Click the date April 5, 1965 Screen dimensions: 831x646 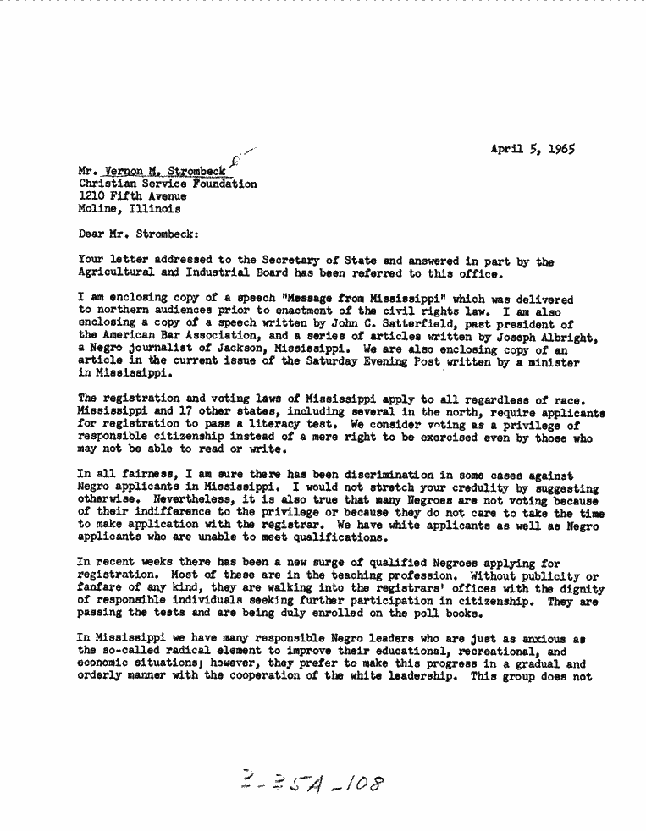(533, 149)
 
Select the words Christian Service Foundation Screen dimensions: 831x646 (168, 183)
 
